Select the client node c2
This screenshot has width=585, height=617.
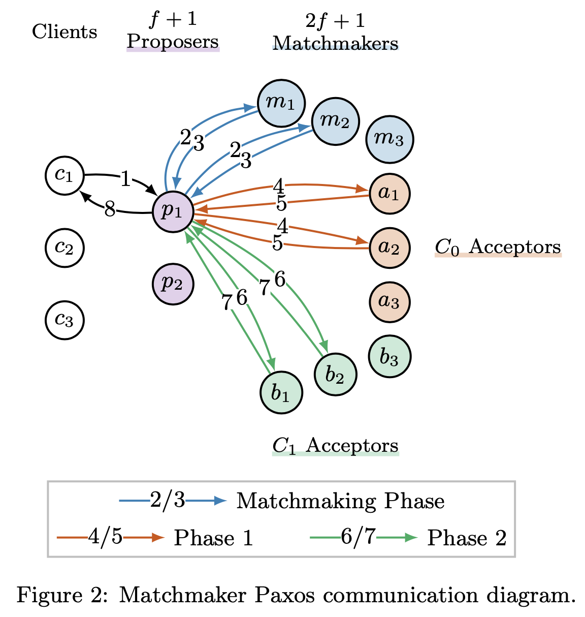coord(64,248)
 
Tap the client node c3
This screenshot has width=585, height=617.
coord(64,320)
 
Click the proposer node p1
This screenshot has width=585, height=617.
coord(173,211)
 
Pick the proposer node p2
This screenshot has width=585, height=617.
coord(173,284)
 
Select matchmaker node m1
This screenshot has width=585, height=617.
coord(281,103)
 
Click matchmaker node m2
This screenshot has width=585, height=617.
coord(335,121)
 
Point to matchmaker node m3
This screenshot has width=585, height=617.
coord(389,139)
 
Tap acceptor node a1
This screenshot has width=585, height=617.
coord(389,194)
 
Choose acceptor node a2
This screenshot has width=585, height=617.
coord(389,248)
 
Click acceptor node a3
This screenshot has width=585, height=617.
coord(389,302)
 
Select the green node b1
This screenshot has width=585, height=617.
coord(281,393)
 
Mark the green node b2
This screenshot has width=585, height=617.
coord(335,375)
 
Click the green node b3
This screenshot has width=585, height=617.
coord(389,357)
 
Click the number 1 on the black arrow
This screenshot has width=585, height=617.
coord(125,179)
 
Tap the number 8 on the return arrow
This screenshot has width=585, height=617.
coord(109,209)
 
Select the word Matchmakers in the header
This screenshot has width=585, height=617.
coord(335,44)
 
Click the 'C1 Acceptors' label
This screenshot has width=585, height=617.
coord(335,445)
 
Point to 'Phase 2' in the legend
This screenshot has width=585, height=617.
coord(467,538)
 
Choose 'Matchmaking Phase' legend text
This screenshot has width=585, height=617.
coord(340,501)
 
